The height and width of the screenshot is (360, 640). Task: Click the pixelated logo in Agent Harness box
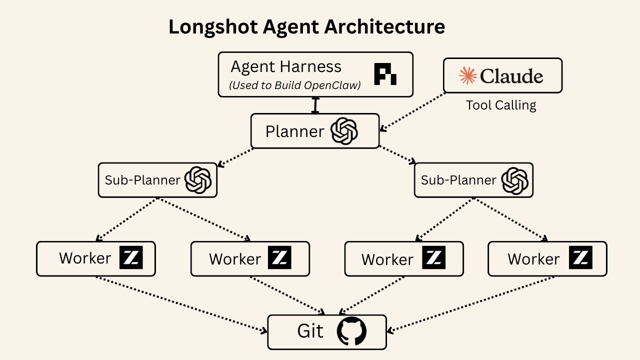[385, 74]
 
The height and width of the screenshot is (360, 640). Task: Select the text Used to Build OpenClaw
[295, 85]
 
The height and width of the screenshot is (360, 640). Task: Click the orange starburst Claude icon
[468, 75]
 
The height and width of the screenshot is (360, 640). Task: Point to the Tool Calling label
[501, 105]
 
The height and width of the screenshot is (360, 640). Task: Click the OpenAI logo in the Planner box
[345, 131]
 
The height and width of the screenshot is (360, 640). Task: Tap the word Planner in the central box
[294, 131]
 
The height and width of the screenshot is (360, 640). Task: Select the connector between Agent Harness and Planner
[315, 105]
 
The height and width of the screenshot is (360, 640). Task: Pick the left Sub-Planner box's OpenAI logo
[198, 180]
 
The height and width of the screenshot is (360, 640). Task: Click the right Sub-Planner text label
[458, 180]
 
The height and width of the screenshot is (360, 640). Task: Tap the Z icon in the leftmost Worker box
[131, 258]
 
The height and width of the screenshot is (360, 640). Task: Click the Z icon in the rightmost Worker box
[580, 258]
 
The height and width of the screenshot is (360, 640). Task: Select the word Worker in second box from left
[234, 259]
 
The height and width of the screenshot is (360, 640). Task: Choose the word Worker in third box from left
[387, 259]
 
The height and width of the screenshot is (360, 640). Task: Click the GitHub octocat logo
[351, 331]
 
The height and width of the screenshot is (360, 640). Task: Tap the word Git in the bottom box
[310, 331]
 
